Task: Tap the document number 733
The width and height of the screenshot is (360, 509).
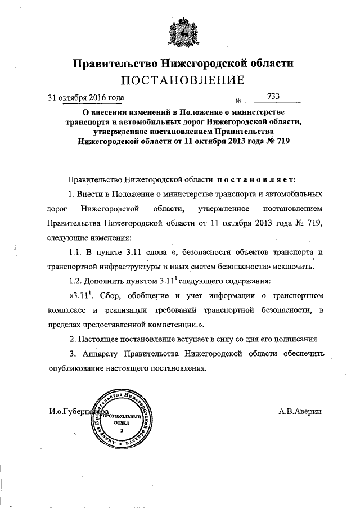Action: coord(274,96)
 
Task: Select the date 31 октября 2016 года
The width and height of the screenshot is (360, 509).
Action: coord(85,97)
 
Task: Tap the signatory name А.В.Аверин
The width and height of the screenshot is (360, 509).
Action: coord(300,412)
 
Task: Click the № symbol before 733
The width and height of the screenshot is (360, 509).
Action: coord(238,101)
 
